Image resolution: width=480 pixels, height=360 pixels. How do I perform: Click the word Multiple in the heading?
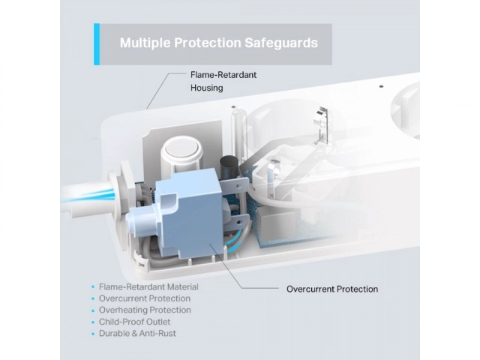click(x=145, y=43)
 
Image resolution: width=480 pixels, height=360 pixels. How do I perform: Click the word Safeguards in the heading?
click(x=281, y=43)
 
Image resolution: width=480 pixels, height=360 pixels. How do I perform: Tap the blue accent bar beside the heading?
click(x=97, y=44)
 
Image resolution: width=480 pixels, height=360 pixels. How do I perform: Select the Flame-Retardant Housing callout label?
click(x=223, y=82)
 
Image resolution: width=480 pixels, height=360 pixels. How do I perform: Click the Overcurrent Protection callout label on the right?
click(x=332, y=289)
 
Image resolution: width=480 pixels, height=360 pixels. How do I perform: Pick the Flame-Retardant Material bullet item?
click(x=148, y=286)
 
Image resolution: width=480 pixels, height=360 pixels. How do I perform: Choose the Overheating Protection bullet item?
click(x=145, y=310)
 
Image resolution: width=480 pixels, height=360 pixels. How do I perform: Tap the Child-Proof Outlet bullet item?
click(x=134, y=322)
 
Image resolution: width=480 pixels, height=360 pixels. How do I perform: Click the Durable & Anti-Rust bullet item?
click(x=137, y=333)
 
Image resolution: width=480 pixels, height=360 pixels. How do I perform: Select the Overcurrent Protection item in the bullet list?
click(x=145, y=298)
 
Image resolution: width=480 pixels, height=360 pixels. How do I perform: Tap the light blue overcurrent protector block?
click(x=187, y=214)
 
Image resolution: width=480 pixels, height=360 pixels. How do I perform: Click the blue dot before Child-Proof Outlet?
click(x=93, y=322)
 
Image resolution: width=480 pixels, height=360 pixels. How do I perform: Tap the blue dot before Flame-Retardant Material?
click(x=93, y=287)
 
